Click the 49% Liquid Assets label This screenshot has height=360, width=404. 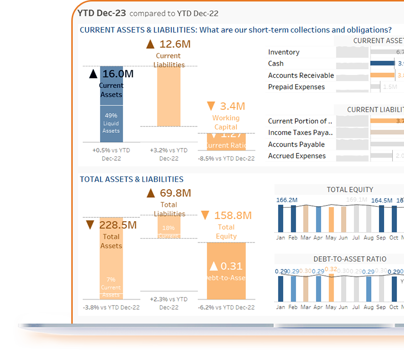[x=111, y=123]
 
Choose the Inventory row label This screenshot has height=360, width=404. [x=284, y=52]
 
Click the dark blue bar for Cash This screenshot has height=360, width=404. [x=382, y=63]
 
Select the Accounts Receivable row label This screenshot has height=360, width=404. [x=301, y=75]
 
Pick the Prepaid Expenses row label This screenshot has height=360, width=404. [x=296, y=87]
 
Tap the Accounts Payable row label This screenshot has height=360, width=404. [x=296, y=144]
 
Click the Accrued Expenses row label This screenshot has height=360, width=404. [x=297, y=156]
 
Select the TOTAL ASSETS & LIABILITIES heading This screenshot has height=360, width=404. [x=132, y=180]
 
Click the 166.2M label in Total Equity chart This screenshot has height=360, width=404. [x=287, y=200]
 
